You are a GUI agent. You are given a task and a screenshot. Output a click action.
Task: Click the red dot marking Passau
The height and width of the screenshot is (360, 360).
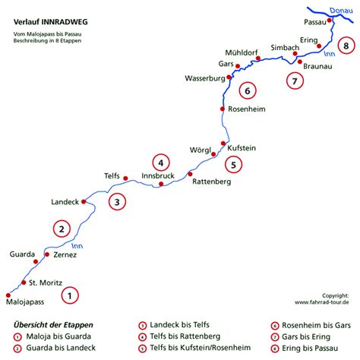(x=329, y=21)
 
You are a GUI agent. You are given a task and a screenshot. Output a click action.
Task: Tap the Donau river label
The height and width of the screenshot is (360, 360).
(x=341, y=11)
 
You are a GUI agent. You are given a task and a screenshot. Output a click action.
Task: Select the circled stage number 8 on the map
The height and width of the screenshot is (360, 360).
(x=346, y=46)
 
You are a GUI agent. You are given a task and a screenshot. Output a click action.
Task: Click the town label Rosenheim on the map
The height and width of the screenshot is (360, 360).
(x=247, y=109)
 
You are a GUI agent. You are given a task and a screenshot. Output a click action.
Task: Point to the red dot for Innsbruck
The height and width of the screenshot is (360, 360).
(x=161, y=184)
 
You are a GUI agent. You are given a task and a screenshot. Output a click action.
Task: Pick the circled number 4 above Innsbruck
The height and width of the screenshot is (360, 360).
(x=161, y=163)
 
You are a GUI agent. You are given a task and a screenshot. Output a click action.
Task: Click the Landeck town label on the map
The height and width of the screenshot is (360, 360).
(x=65, y=202)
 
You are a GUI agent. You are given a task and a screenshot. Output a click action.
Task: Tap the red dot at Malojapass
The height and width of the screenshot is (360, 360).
(x=8, y=295)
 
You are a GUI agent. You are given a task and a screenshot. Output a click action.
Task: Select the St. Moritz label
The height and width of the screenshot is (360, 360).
(x=46, y=283)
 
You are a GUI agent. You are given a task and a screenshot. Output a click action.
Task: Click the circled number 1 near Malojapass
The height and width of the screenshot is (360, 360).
(x=70, y=295)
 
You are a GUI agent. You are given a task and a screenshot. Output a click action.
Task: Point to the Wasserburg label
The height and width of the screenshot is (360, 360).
(x=205, y=78)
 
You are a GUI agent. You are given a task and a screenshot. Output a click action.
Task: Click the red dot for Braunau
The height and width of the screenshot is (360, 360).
(x=300, y=62)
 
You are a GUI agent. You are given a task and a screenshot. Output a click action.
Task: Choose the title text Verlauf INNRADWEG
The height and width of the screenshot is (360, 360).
(x=51, y=22)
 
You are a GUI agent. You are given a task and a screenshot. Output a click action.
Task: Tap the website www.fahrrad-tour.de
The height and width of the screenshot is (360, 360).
(x=321, y=302)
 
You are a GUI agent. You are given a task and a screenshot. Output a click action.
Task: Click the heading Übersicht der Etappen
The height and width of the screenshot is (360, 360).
(x=53, y=325)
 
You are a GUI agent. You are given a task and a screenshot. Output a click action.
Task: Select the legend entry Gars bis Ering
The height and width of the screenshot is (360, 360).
(x=306, y=337)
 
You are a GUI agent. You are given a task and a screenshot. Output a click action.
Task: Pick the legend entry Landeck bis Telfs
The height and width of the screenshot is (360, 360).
(x=179, y=324)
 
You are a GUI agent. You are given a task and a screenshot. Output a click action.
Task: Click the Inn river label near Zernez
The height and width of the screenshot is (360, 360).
(x=77, y=246)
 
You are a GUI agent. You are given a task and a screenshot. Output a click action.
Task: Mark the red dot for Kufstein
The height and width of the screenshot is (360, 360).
(x=223, y=144)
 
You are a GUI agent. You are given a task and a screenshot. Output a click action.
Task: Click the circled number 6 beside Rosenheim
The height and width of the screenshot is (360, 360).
(x=248, y=90)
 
